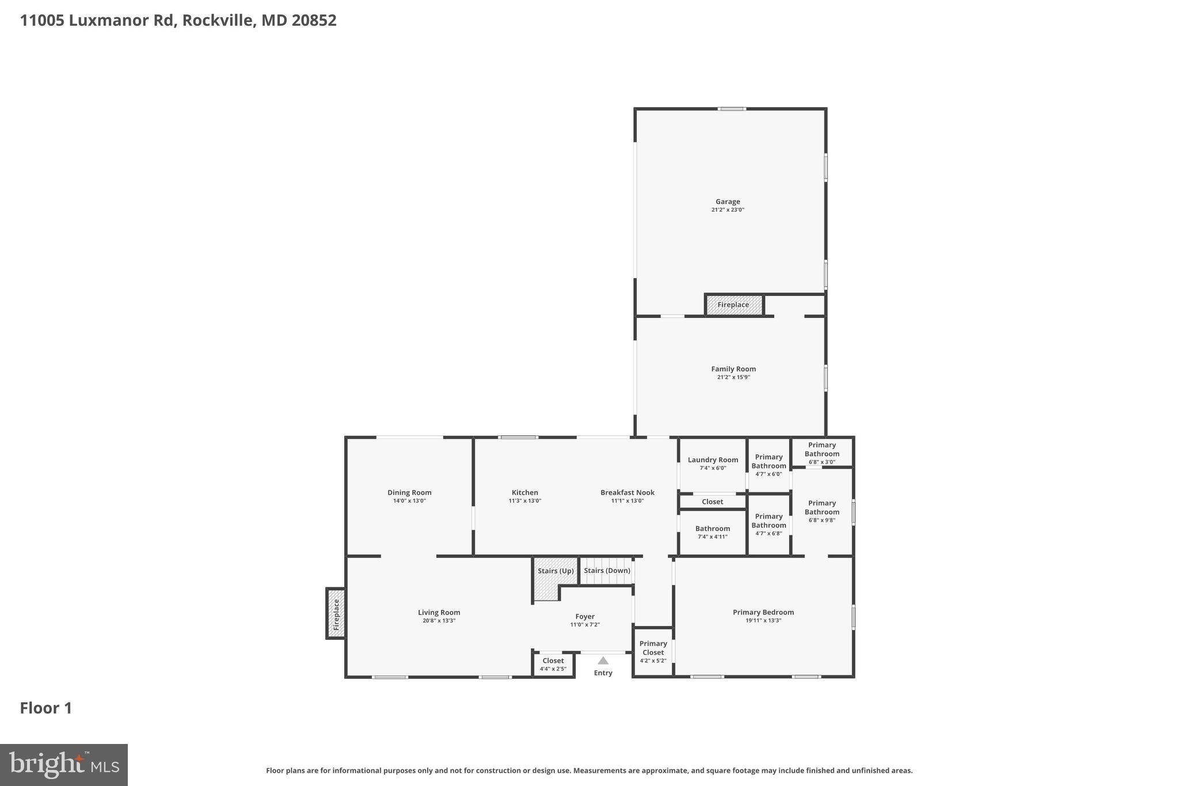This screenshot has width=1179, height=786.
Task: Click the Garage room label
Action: [x=728, y=202]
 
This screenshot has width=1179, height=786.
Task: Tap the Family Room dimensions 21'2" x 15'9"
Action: [x=733, y=377]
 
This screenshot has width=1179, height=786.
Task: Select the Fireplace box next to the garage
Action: [x=733, y=305]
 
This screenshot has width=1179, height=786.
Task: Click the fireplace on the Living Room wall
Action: [x=336, y=614]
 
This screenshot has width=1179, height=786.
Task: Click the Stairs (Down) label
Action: [x=607, y=571]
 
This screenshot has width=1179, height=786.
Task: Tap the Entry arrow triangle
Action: [x=603, y=660]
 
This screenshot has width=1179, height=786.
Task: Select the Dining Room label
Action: [x=409, y=492]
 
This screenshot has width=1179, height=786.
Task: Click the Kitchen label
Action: [x=524, y=492]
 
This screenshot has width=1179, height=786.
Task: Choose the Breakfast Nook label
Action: [x=627, y=492]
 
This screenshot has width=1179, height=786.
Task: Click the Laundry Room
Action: [x=713, y=460]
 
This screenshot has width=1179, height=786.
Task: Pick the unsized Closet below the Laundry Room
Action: [x=712, y=502]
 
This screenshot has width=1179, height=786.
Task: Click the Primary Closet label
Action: [x=653, y=648]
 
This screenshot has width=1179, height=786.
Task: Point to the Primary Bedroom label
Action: [x=763, y=612]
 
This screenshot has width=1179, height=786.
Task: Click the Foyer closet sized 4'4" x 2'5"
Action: [x=553, y=664]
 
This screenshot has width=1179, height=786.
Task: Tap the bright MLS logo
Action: [x=64, y=765]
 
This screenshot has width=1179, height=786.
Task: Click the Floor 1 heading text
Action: [x=46, y=708]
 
